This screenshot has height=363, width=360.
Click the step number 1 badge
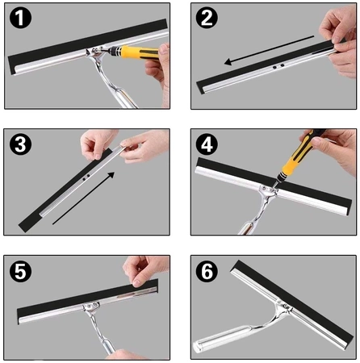coord(20,18)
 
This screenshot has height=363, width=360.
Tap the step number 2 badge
coord(207,18)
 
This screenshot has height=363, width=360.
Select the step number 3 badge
coord(20,144)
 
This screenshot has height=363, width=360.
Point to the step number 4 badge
coord(207,144)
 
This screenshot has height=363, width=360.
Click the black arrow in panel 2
coord(269,50)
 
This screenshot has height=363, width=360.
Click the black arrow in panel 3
coord(83,198)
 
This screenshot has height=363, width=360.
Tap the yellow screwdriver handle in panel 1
coord(137,52)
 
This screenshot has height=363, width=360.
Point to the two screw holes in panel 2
coord(278,66)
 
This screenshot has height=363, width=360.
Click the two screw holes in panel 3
coord(86,177)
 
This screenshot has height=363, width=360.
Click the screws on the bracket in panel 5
coord(91,305)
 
